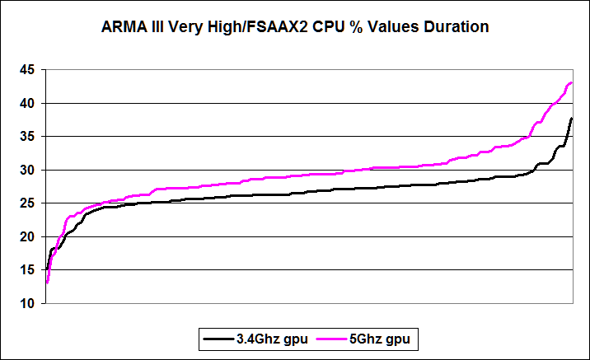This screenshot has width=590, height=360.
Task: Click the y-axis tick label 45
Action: point(28,70)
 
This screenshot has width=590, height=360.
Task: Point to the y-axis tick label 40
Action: point(28,104)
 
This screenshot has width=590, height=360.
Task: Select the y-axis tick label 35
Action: point(28,137)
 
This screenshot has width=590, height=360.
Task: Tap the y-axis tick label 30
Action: point(28,171)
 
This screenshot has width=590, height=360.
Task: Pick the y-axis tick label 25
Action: point(28,203)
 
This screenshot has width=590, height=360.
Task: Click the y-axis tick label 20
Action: point(28,237)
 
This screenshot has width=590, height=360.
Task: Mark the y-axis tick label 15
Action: point(28,270)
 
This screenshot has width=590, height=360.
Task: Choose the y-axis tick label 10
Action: point(28,304)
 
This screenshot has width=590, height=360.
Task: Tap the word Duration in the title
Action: point(455,27)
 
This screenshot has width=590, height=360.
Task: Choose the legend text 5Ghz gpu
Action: point(382,338)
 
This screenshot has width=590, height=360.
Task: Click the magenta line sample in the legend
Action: point(331,338)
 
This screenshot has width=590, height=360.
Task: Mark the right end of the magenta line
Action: point(572,82)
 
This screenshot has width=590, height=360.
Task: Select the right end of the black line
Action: point(572,119)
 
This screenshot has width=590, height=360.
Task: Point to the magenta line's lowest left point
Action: point(47,283)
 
